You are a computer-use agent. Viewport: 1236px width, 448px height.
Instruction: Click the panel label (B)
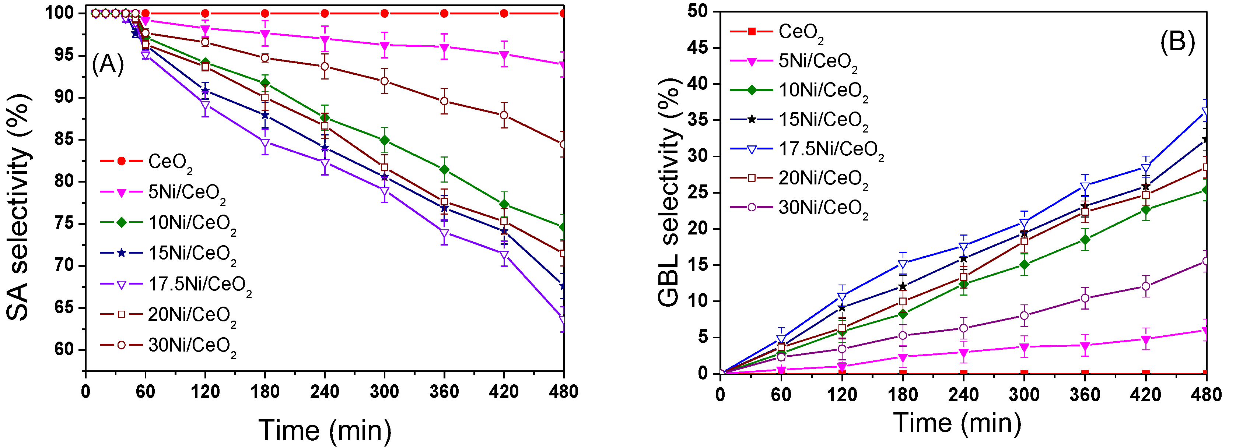click(x=1177, y=42)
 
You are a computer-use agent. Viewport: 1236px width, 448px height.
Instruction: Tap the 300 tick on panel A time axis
click(x=384, y=392)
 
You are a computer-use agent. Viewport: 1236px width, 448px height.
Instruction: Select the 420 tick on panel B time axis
click(x=1145, y=395)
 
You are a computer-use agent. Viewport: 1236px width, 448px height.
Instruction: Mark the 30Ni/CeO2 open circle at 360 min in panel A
click(x=444, y=101)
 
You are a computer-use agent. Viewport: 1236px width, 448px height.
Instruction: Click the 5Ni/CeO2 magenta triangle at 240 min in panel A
click(x=325, y=39)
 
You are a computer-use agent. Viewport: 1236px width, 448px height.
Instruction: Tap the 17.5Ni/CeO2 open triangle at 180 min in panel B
click(x=903, y=264)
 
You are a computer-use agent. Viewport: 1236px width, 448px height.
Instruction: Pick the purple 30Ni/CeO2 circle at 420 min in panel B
click(x=1145, y=286)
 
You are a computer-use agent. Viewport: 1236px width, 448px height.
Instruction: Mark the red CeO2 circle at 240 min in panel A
click(x=325, y=13)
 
